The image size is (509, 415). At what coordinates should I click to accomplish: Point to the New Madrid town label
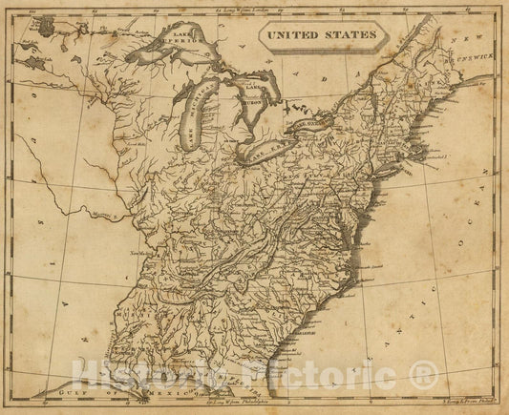[x=144, y=254]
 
